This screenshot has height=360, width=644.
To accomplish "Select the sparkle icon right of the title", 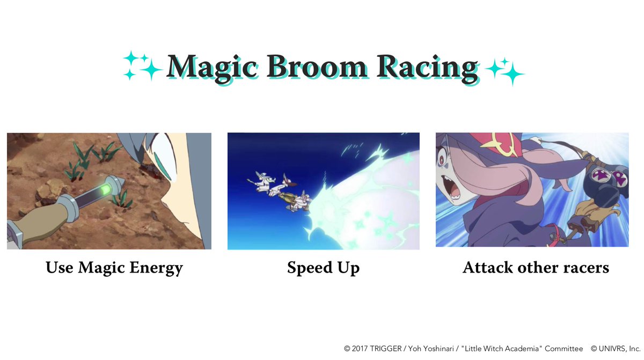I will coord(504,70).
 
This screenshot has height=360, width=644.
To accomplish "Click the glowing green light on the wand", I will coord(106,189).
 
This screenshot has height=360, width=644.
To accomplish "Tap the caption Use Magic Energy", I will coord(114,267).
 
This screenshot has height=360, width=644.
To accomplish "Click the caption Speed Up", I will coord(323,268).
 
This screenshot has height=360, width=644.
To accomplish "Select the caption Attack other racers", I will coord(536,267).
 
